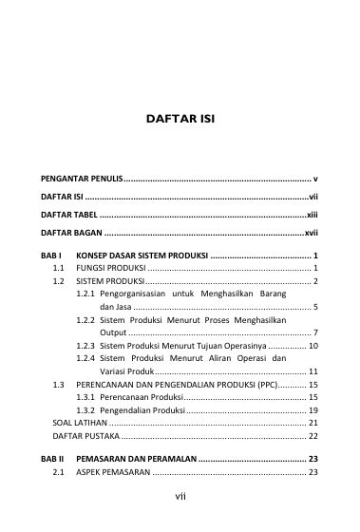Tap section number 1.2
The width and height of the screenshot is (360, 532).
[59, 282]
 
